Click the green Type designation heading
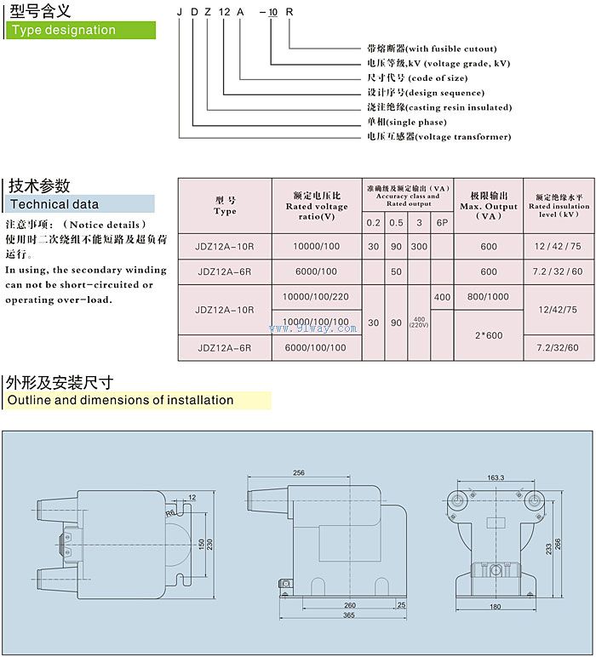click(62, 30)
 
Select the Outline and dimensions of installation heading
click(120, 400)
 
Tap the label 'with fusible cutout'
click(432, 49)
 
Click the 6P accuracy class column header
click(442, 222)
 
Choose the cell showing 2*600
click(489, 335)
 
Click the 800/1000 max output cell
click(489, 298)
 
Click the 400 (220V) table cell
click(420, 323)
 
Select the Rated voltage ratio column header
click(316, 206)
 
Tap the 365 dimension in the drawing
click(349, 615)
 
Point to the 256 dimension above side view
click(299, 473)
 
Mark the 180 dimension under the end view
click(496, 606)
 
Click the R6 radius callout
click(170, 513)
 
